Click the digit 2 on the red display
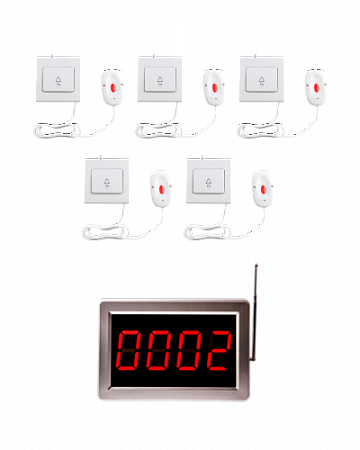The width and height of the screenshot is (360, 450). click(219, 350)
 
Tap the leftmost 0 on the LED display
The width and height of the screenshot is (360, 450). click(128, 350)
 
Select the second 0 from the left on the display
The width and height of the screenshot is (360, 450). click(159, 350)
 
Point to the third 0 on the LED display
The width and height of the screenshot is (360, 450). click(189, 350)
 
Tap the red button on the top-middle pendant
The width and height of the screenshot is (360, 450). click(215, 88)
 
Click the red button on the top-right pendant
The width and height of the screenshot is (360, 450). click(316, 88)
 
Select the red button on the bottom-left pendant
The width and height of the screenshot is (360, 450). click(162, 189)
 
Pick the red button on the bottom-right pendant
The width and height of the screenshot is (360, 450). click(264, 189)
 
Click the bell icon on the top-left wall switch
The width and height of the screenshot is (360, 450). click(59, 81)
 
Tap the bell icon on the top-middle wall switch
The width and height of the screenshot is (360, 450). click(160, 81)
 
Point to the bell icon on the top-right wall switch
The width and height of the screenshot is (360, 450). click(262, 81)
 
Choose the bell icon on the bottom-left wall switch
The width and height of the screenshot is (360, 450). click(107, 182)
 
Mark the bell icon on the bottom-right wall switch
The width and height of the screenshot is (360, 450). click(209, 182)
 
